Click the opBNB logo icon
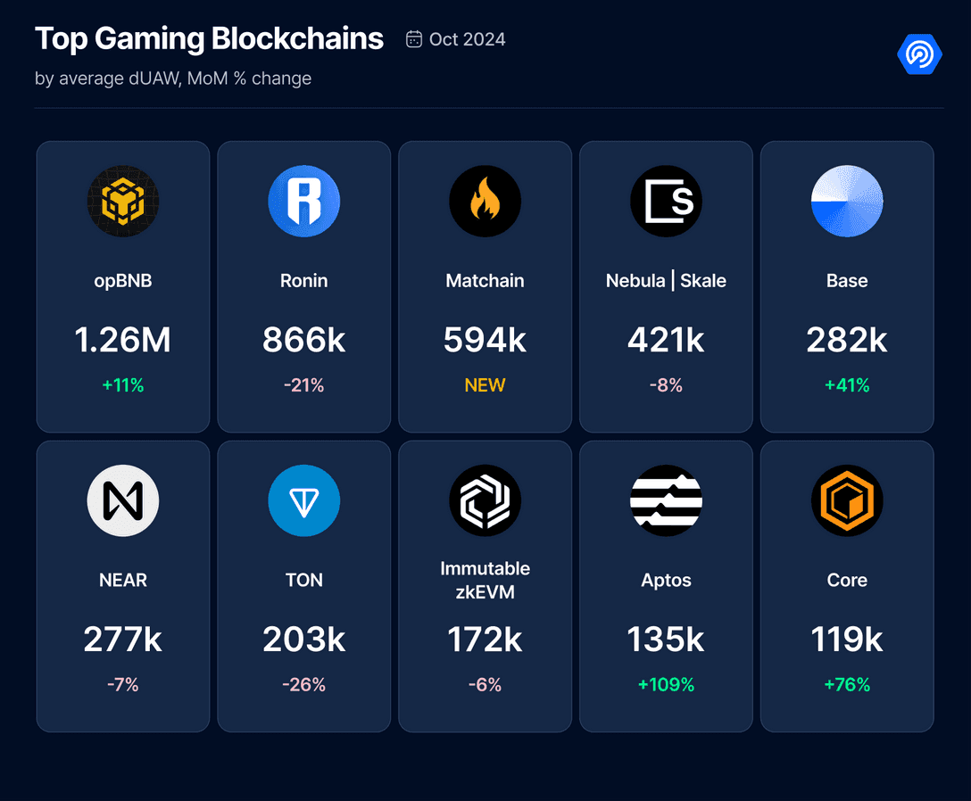click(x=123, y=201)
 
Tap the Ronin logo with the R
click(x=304, y=201)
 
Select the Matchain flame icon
click(x=485, y=201)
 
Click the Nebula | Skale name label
click(x=666, y=281)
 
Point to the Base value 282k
click(x=847, y=340)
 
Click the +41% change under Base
click(x=847, y=385)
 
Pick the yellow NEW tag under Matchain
click(x=485, y=385)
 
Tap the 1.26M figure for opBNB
click(x=123, y=340)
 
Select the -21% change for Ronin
click(x=304, y=385)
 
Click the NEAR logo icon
click(x=123, y=500)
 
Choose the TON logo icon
click(x=304, y=500)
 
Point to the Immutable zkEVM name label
click(x=485, y=580)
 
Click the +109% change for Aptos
click(x=666, y=685)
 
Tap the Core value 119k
click(x=847, y=640)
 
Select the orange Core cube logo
click(x=847, y=500)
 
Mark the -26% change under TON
click(x=304, y=685)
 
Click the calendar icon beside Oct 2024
click(x=414, y=39)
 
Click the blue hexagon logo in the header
click(x=919, y=54)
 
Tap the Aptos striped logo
click(x=666, y=500)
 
